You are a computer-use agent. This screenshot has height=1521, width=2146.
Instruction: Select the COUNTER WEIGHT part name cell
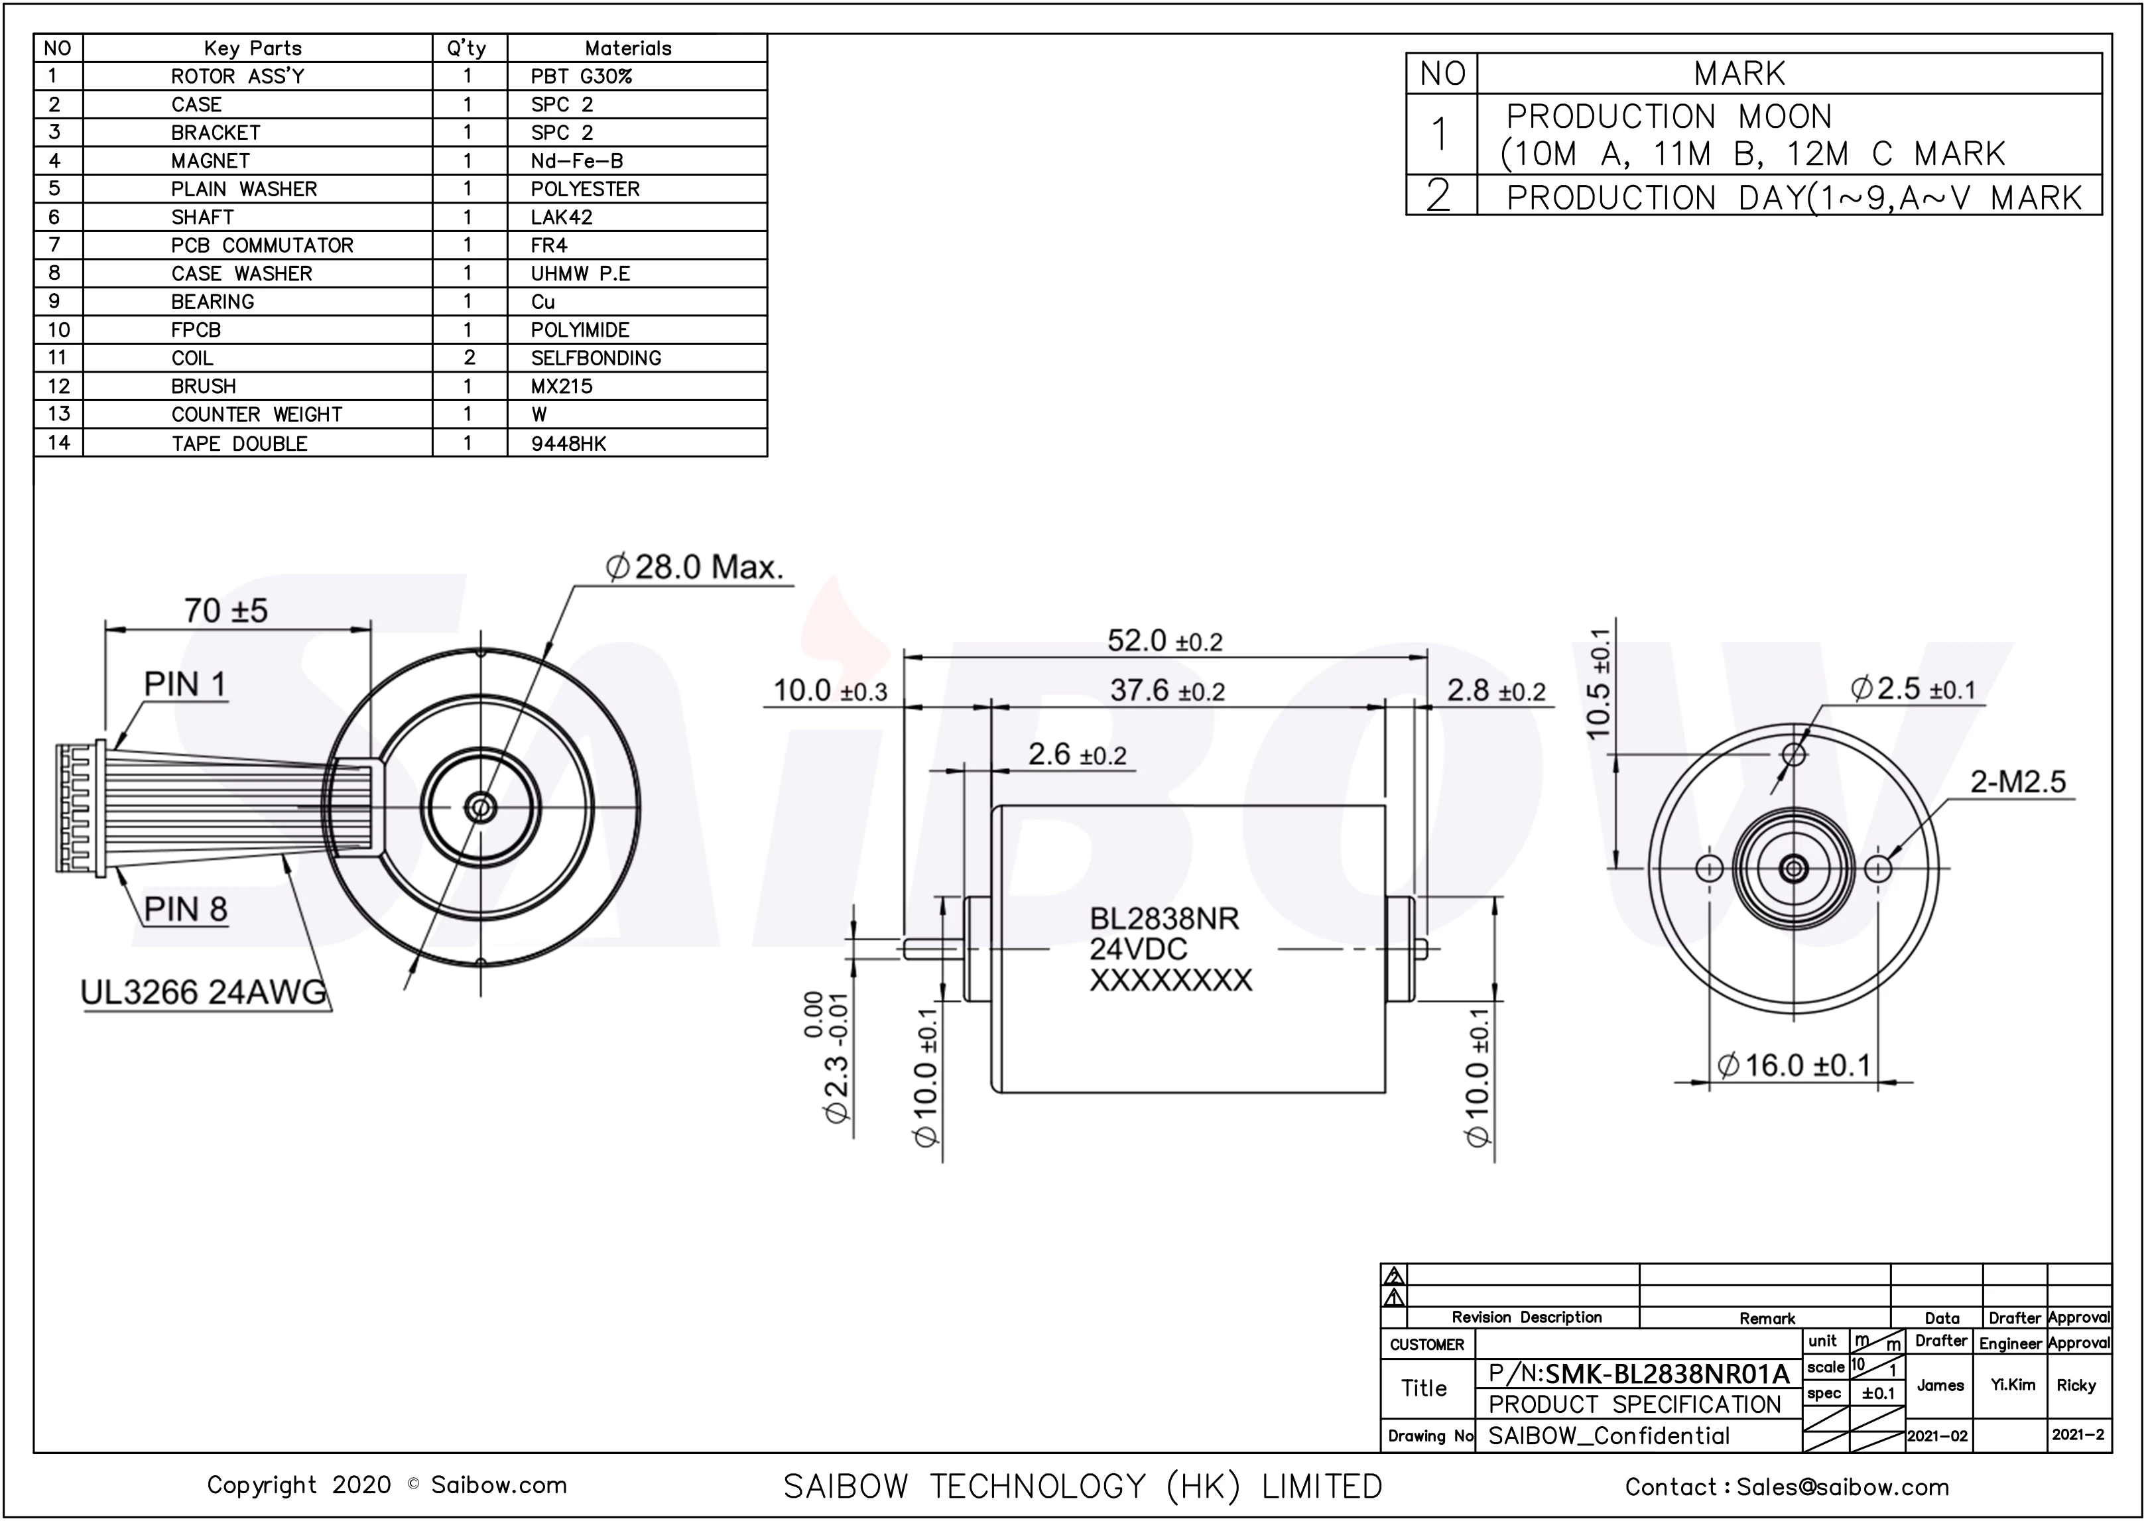(257, 414)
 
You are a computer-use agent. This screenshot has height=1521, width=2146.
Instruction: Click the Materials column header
(627, 48)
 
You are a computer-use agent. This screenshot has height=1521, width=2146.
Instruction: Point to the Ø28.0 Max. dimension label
(694, 568)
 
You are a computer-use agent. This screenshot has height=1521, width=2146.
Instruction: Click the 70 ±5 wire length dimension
(225, 611)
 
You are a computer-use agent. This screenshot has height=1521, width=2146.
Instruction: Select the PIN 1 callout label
(186, 685)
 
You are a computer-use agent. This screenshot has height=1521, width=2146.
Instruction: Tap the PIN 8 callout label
(186, 908)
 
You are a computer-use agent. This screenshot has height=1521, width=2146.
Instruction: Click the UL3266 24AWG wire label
(204, 992)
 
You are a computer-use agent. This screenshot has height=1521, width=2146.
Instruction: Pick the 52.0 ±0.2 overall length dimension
(1165, 642)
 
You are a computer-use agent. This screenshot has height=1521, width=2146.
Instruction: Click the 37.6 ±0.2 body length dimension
(1167, 691)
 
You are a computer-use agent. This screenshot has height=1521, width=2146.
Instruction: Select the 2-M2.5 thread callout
(2017, 781)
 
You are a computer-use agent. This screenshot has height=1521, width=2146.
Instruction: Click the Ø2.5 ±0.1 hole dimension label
(1913, 690)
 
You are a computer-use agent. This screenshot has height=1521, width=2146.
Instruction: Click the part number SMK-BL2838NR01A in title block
(1667, 1374)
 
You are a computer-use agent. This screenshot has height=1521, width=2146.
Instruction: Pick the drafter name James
(1940, 1385)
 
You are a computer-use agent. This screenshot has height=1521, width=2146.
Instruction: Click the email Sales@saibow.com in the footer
(1842, 1487)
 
